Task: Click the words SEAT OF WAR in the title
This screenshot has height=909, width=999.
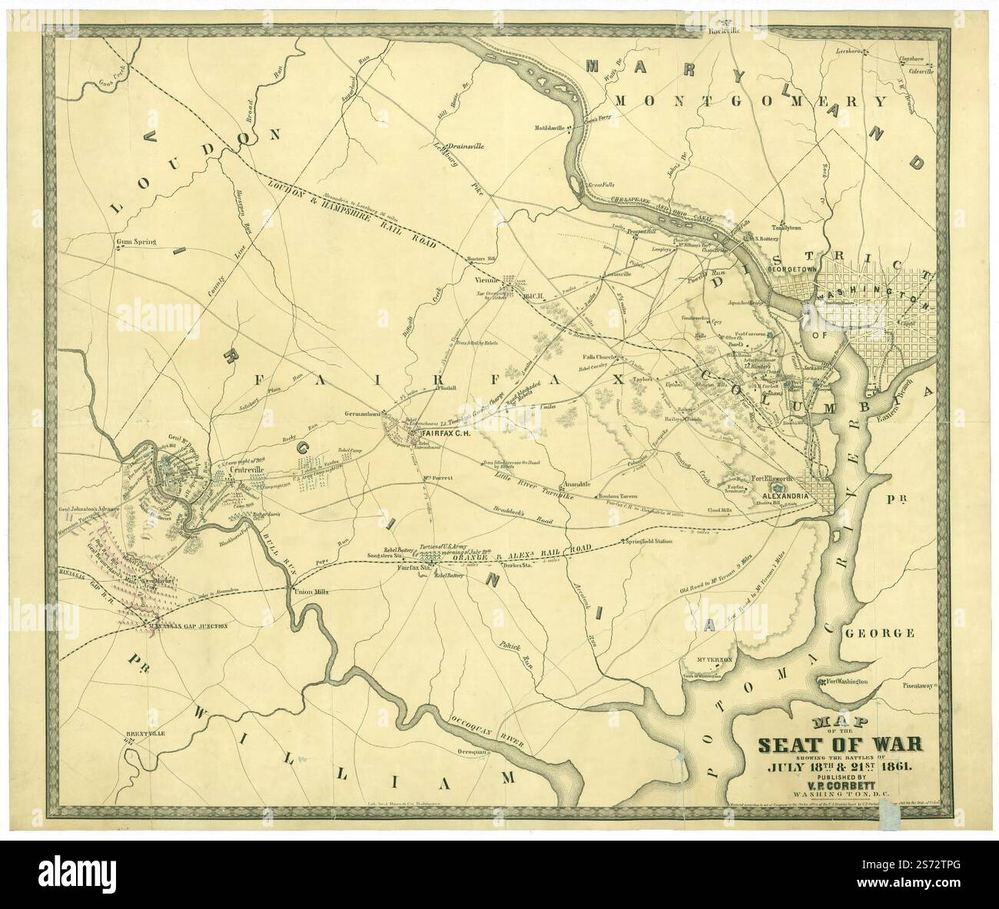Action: click(x=841, y=745)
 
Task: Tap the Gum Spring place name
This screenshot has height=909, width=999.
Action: click(x=135, y=242)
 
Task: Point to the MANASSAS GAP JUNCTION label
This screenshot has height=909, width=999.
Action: click(x=188, y=626)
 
